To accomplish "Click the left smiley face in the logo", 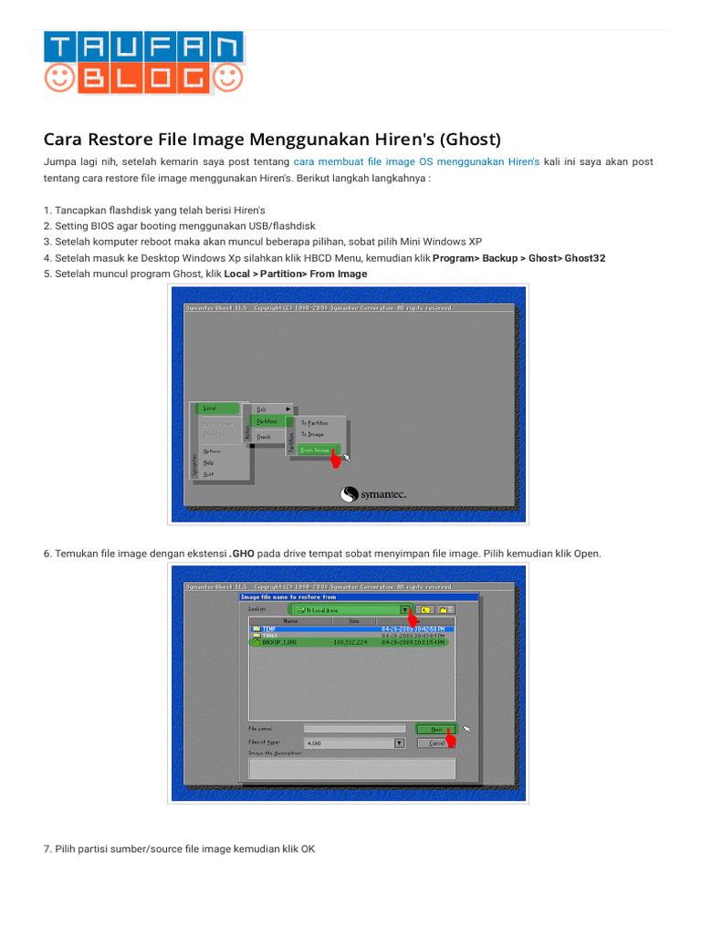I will click(x=60, y=78).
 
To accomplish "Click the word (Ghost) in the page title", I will click(x=470, y=140).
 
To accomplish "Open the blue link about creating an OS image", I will click(x=416, y=161).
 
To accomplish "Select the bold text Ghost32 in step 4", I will click(x=584, y=258).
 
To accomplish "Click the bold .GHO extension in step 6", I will click(x=242, y=554).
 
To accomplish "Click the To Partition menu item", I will click(x=315, y=422).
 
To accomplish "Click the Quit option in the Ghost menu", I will click(x=209, y=473).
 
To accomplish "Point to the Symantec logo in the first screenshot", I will click(x=374, y=494).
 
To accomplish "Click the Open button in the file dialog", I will click(x=436, y=729).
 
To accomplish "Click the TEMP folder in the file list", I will click(x=269, y=628).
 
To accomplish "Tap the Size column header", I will click(x=353, y=620).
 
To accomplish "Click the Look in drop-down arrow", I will click(x=403, y=608).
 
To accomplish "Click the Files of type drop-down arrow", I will click(x=399, y=742).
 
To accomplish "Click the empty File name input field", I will click(x=354, y=729).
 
